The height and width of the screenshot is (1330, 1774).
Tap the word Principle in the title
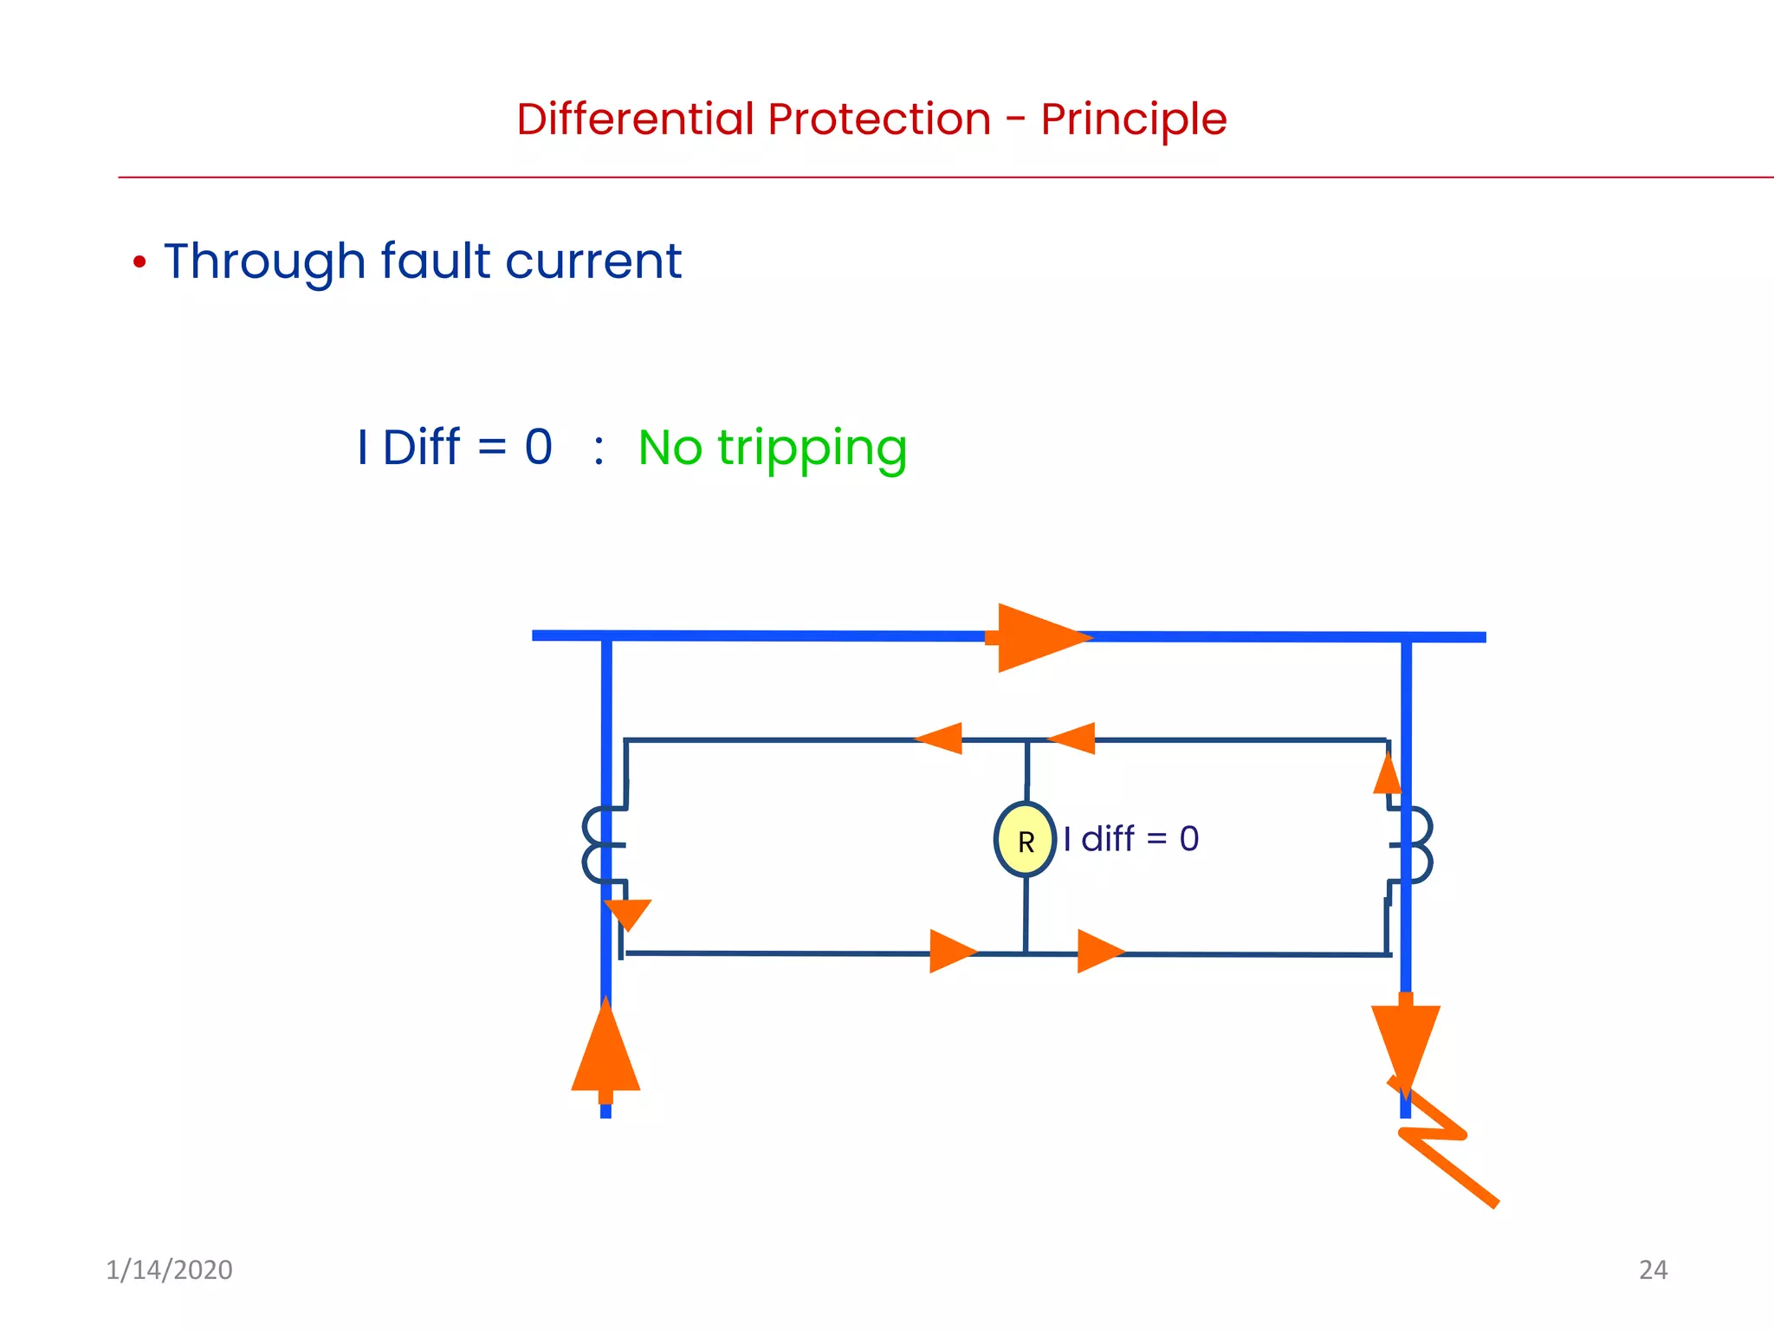click(x=1133, y=119)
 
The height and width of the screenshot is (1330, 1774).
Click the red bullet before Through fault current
click(x=139, y=261)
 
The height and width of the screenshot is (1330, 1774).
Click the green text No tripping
click(x=772, y=449)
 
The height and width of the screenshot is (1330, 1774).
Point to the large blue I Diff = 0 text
click(x=455, y=448)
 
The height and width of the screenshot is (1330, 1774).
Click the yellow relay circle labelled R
click(x=1025, y=840)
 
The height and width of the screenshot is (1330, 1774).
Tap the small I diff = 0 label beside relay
click(x=1130, y=839)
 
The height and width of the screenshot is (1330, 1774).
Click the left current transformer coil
click(x=598, y=845)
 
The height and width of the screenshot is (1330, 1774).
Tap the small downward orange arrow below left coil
click(x=628, y=913)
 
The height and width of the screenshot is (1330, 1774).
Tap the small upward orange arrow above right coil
click(x=1387, y=775)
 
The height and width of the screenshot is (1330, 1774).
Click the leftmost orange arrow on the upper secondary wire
click(x=941, y=739)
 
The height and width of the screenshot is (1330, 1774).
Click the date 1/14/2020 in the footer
click(x=169, y=1269)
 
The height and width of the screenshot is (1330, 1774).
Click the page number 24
click(x=1653, y=1269)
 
